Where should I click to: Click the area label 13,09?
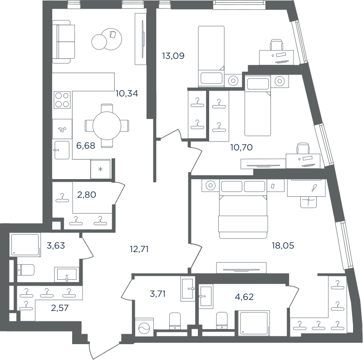173,56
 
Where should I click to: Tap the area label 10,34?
127,93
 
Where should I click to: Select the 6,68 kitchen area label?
86,146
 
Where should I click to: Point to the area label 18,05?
283,245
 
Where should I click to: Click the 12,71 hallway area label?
139,249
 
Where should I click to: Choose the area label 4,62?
244,297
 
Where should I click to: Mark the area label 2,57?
60,308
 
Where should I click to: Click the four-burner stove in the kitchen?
62,100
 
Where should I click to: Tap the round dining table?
107,126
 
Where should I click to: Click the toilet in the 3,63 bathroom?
26,270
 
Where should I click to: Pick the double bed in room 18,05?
243,217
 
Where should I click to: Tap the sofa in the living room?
64,42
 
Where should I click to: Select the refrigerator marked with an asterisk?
100,169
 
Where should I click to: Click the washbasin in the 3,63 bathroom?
67,274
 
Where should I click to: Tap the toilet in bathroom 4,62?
222,321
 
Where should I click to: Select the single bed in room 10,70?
258,106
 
